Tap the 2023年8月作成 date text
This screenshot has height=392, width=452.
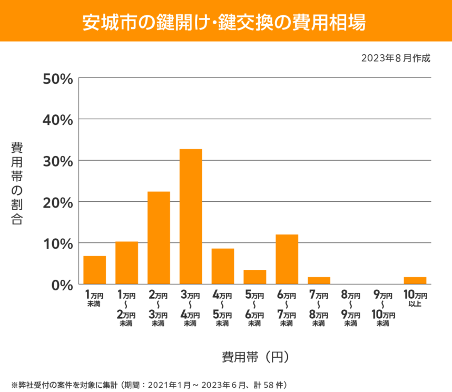point(396,58)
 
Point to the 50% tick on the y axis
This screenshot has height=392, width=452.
point(57,79)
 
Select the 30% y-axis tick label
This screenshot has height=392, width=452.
point(57,161)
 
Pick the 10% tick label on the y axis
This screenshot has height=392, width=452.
point(57,244)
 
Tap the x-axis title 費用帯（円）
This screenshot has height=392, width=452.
point(255,357)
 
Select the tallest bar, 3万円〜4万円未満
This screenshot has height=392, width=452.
point(191,217)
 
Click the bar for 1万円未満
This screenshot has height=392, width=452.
point(95,270)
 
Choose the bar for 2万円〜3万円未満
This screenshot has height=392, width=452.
point(159,238)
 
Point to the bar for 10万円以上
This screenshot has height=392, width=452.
point(415,280)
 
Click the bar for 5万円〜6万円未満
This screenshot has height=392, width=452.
point(255,277)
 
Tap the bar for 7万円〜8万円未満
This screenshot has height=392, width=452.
point(319,280)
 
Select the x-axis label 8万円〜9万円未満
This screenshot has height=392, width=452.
point(351,309)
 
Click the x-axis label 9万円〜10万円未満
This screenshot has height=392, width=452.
point(383,309)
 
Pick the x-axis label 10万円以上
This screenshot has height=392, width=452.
point(415,299)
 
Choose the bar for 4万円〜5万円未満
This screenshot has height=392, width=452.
point(223,266)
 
